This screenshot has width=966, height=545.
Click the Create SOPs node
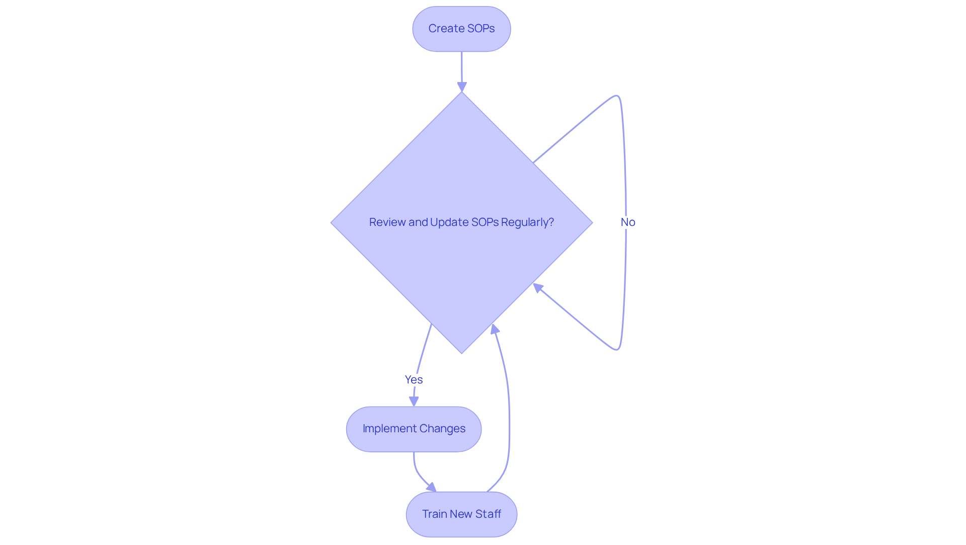pos(461,29)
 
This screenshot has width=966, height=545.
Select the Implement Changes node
pos(414,429)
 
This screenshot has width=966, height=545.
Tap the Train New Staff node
pos(461,514)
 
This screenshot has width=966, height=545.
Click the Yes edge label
pos(414,379)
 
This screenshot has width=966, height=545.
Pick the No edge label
pos(627,222)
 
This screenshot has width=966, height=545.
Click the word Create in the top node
pos(446,29)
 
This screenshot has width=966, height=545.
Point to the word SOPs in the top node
pos(481,29)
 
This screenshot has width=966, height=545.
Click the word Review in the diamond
pos(387,222)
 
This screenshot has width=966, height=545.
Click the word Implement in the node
pos(389,429)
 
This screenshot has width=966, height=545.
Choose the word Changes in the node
pos(442,429)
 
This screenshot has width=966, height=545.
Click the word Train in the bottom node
pos(434,514)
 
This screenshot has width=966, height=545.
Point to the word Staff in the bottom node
pos(488,514)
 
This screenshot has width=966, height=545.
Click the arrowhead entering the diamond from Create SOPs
pos(462,87)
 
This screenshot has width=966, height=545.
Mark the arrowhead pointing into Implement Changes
pos(414,401)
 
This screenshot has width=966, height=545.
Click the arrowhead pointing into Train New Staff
pos(432,487)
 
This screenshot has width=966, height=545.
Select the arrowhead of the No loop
pos(538,288)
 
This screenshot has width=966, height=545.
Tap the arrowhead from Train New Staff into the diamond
pos(495,329)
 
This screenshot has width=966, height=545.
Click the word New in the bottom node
pos(461,514)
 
